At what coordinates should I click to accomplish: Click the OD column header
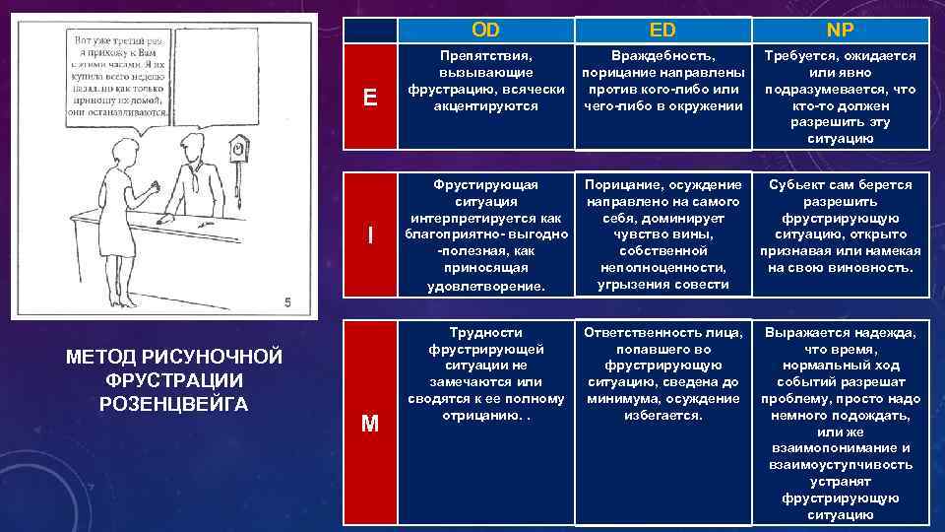click(x=486, y=31)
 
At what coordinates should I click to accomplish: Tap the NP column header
click(x=839, y=31)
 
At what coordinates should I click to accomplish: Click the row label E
click(x=369, y=97)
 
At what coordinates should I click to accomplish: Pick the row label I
click(x=369, y=235)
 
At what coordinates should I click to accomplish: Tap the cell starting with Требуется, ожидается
click(x=839, y=97)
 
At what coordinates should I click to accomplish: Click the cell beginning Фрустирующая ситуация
click(x=486, y=235)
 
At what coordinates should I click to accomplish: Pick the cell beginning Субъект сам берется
click(x=839, y=227)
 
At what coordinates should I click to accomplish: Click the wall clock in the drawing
click(x=238, y=148)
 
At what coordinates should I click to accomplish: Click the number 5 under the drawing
click(x=286, y=302)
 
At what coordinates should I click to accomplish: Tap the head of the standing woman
click(x=128, y=151)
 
